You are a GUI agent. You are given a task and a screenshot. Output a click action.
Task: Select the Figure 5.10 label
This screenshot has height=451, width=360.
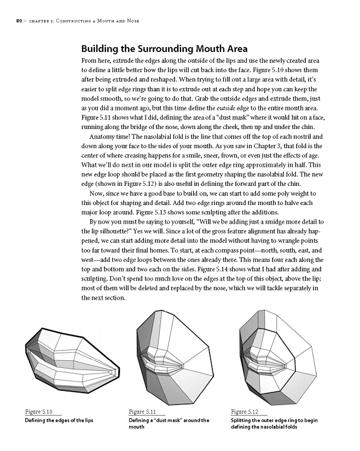pos(39,412)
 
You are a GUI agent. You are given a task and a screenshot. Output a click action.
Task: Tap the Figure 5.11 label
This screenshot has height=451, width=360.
pos(143,412)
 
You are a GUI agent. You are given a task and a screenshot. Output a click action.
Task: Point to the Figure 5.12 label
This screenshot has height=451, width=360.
pos(245,412)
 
